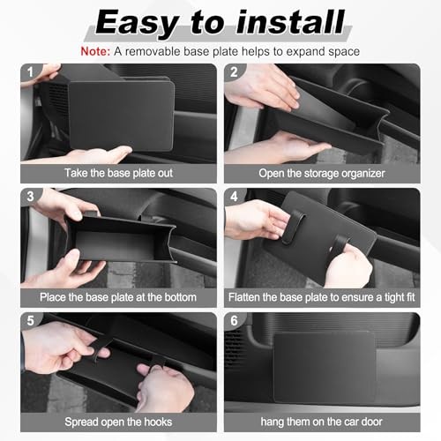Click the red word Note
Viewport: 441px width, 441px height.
point(95,51)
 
